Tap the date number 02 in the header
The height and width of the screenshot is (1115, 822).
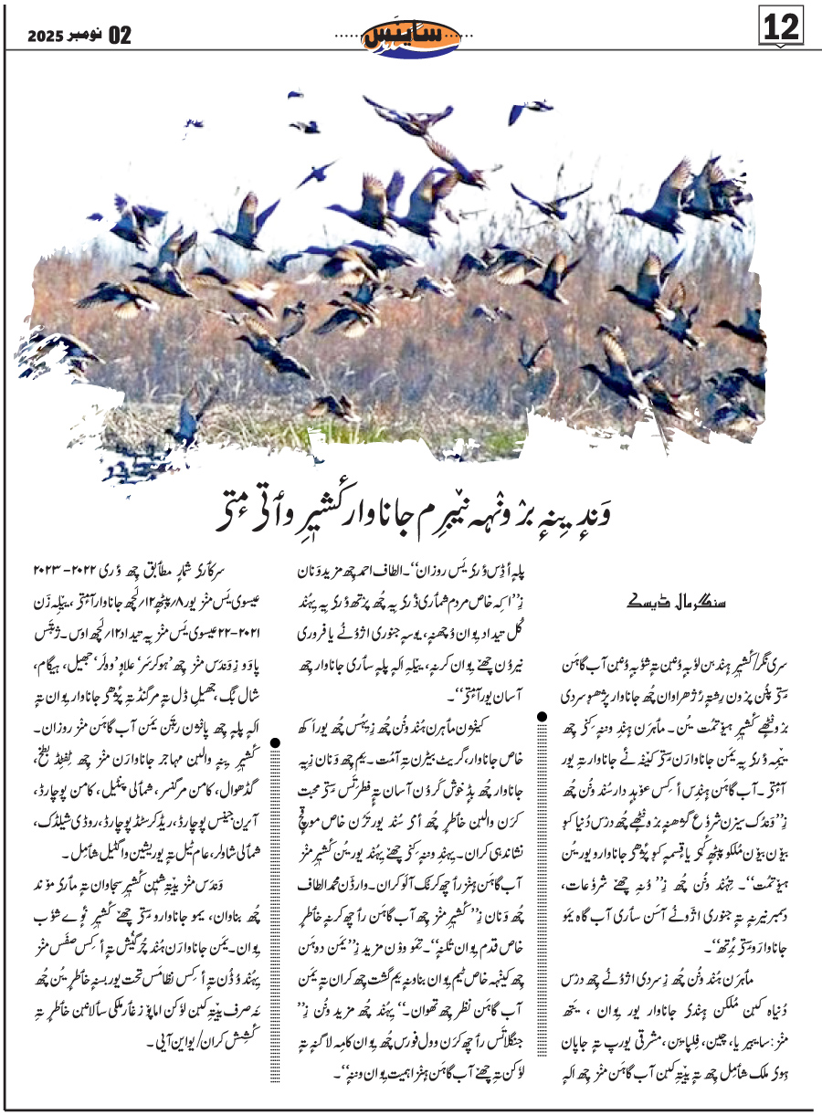120,37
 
